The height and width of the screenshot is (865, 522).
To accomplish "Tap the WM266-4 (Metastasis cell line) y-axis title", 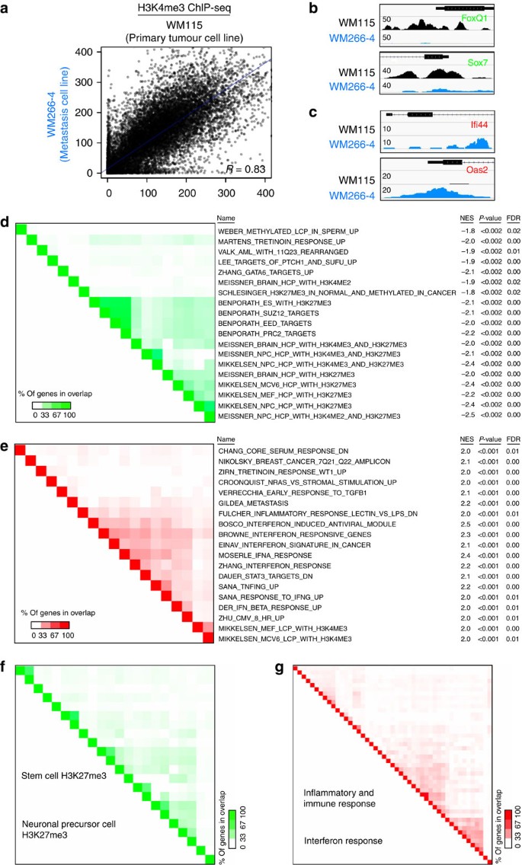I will point(58,111).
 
